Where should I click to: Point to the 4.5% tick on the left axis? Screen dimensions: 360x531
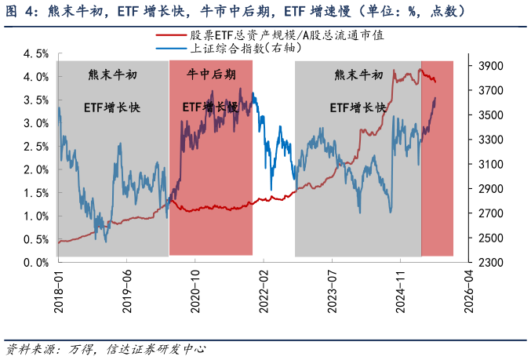click(36, 54)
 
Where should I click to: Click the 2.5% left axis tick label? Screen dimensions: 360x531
click(36, 147)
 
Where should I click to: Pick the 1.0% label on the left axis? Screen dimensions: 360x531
click(36, 216)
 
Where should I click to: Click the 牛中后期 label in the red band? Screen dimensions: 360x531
click(210, 75)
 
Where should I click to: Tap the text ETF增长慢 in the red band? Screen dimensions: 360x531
click(210, 107)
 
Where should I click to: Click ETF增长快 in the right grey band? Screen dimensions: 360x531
click(358, 107)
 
